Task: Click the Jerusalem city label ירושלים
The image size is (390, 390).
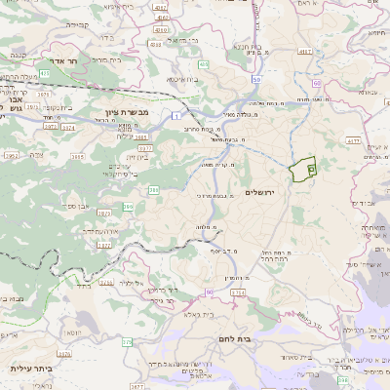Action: pyautogui.click(x=262, y=192)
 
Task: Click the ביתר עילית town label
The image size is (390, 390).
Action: pyautogui.click(x=28, y=369)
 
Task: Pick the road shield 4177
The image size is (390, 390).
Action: pyautogui.click(x=354, y=141)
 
